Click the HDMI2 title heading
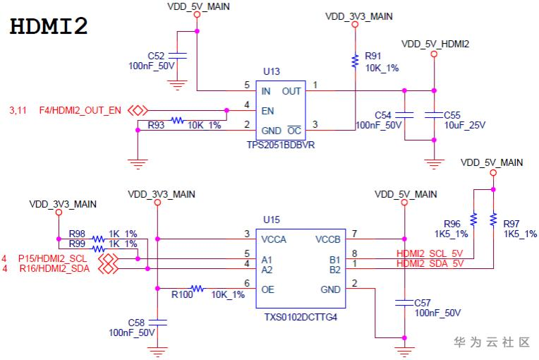coord(49,26)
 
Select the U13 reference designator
coord(271,71)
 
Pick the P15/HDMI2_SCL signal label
coord(54,259)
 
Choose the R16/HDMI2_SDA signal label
coord(54,269)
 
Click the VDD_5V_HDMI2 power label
coord(435,44)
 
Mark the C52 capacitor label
coord(156,55)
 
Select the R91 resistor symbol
coord(355,61)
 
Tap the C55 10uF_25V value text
coord(465,125)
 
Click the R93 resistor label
coord(156,125)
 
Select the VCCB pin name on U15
coord(328,239)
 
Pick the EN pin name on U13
coord(268,110)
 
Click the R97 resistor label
coord(511,224)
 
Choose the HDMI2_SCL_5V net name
coord(430,254)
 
